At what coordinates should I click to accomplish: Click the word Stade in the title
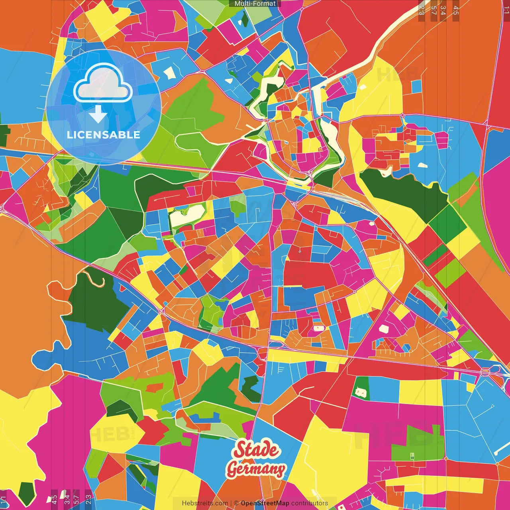point(257,450)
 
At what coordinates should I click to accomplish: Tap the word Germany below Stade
point(256,469)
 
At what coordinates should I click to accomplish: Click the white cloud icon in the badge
point(103,83)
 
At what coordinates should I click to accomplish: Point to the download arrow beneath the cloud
point(98,114)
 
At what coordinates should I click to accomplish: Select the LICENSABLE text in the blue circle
point(103,135)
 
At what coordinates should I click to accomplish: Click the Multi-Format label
point(255,4)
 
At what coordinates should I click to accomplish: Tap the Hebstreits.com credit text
point(205,503)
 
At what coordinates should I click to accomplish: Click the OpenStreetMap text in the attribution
point(265,503)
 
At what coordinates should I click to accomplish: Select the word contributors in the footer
point(310,503)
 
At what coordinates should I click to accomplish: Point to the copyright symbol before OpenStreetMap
point(236,503)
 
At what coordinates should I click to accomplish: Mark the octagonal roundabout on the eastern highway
point(485,372)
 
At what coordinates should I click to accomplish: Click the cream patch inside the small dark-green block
point(361,392)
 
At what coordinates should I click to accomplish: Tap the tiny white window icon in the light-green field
point(412,456)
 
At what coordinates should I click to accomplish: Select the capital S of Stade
point(240,450)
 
